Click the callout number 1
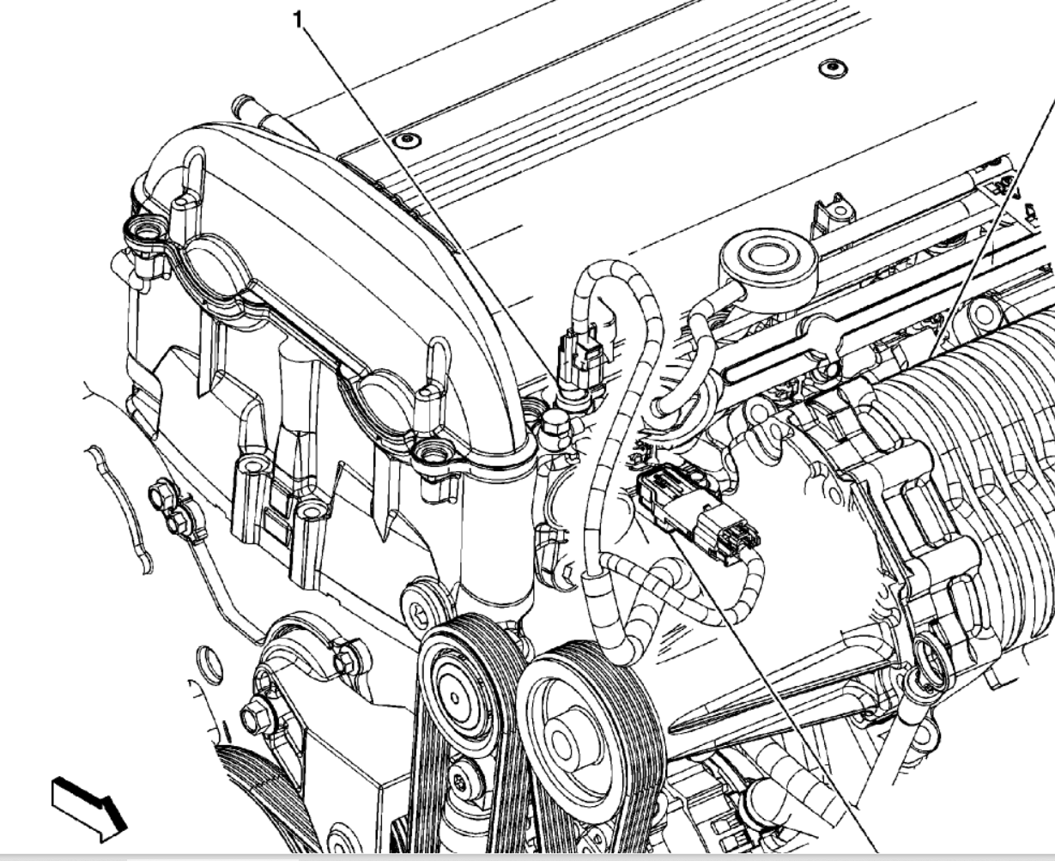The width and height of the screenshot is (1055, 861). [x=298, y=21]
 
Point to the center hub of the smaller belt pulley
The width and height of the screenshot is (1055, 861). [x=455, y=697]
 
